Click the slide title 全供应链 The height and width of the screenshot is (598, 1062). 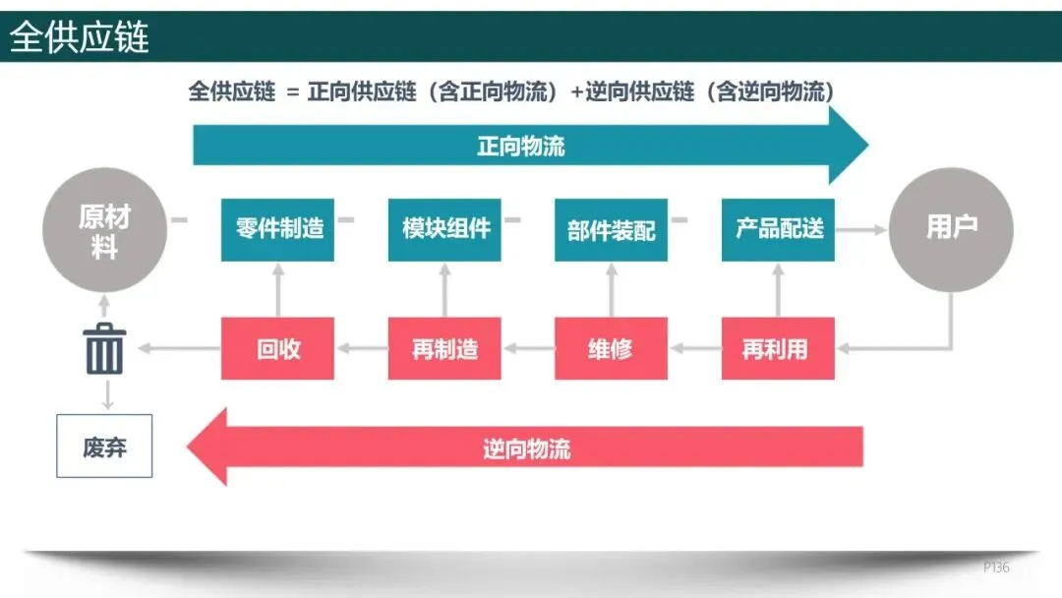pos(80,37)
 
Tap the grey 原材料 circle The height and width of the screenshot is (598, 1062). pos(104,230)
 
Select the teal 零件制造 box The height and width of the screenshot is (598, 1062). pos(278,229)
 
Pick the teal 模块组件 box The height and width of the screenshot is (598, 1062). pos(444,229)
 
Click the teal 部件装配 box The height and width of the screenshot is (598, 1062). pos(611,229)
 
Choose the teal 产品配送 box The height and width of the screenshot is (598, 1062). pos(778,229)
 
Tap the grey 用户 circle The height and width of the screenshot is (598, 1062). pos(951,229)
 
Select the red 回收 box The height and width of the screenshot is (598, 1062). pos(278,348)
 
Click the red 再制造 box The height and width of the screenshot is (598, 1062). pos(444,348)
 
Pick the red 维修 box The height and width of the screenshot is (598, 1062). pos(611,348)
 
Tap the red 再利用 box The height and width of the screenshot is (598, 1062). pos(778,348)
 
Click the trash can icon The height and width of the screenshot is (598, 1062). pos(105,348)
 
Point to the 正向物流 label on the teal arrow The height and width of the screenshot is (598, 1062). pos(521,147)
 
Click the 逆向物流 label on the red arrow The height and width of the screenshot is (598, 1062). pos(527,448)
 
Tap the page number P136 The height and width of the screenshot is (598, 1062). pos(996,568)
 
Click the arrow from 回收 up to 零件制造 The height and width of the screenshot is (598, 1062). pos(278,289)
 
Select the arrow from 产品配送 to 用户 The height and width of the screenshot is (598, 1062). pos(860,229)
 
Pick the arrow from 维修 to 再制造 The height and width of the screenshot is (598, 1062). pos(528,348)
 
